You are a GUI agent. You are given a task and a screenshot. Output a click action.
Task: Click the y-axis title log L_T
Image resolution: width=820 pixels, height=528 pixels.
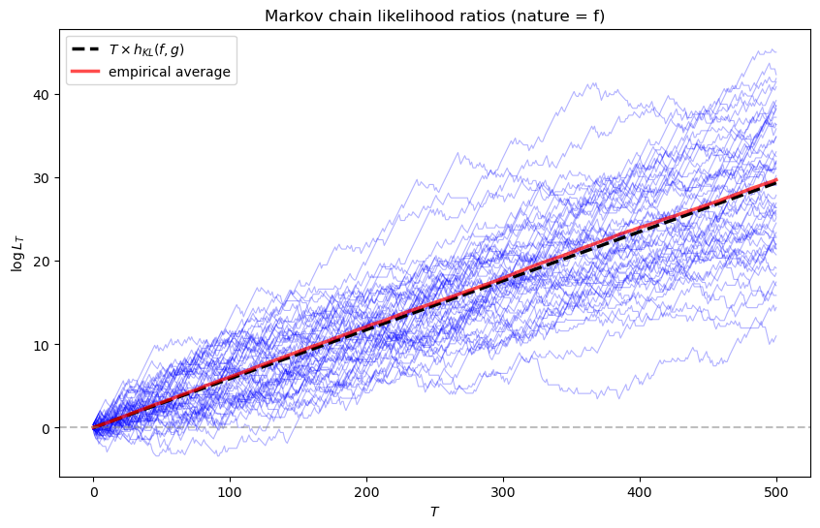[x=16, y=250]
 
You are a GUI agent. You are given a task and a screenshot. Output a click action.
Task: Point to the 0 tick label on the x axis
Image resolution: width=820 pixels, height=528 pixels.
[x=93, y=491]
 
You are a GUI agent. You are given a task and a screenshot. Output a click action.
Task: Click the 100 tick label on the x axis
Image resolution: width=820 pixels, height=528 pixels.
[x=230, y=491]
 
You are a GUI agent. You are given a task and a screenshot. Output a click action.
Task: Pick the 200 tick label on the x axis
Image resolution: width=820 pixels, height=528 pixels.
[x=366, y=491]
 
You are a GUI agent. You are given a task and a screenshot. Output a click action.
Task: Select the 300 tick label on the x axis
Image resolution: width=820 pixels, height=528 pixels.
[x=503, y=491]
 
